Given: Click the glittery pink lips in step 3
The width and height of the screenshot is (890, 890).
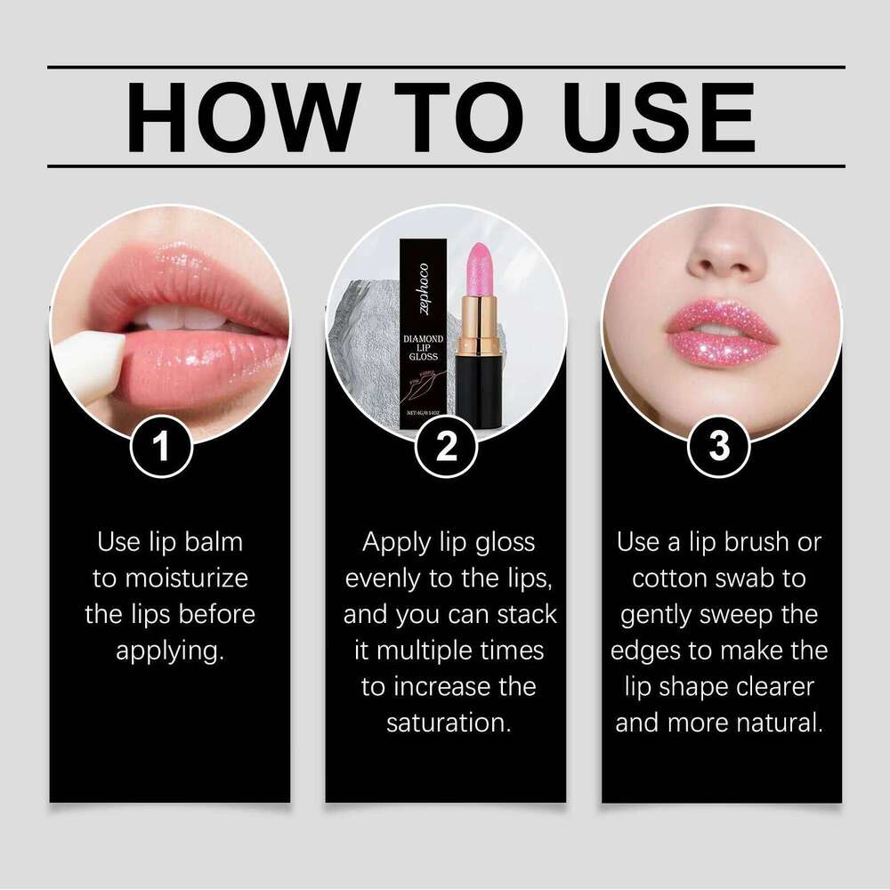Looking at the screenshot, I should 721,334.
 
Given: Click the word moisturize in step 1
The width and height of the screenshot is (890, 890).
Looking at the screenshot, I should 171,578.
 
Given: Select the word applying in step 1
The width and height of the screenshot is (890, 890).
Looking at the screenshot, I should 169,651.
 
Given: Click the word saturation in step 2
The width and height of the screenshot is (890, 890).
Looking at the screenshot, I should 449,723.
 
